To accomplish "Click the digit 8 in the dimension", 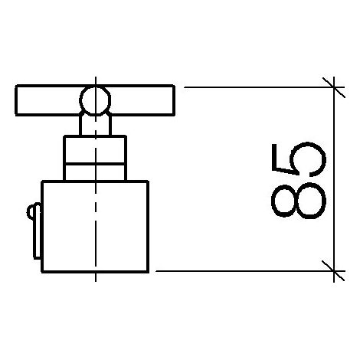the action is pos(298,201).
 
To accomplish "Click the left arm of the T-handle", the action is pos(47,100).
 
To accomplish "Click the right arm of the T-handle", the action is pos(143,100).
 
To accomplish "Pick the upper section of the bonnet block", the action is pos(95,149).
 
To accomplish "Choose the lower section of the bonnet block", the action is pos(95,172).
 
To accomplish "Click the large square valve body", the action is pos(95,227).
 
